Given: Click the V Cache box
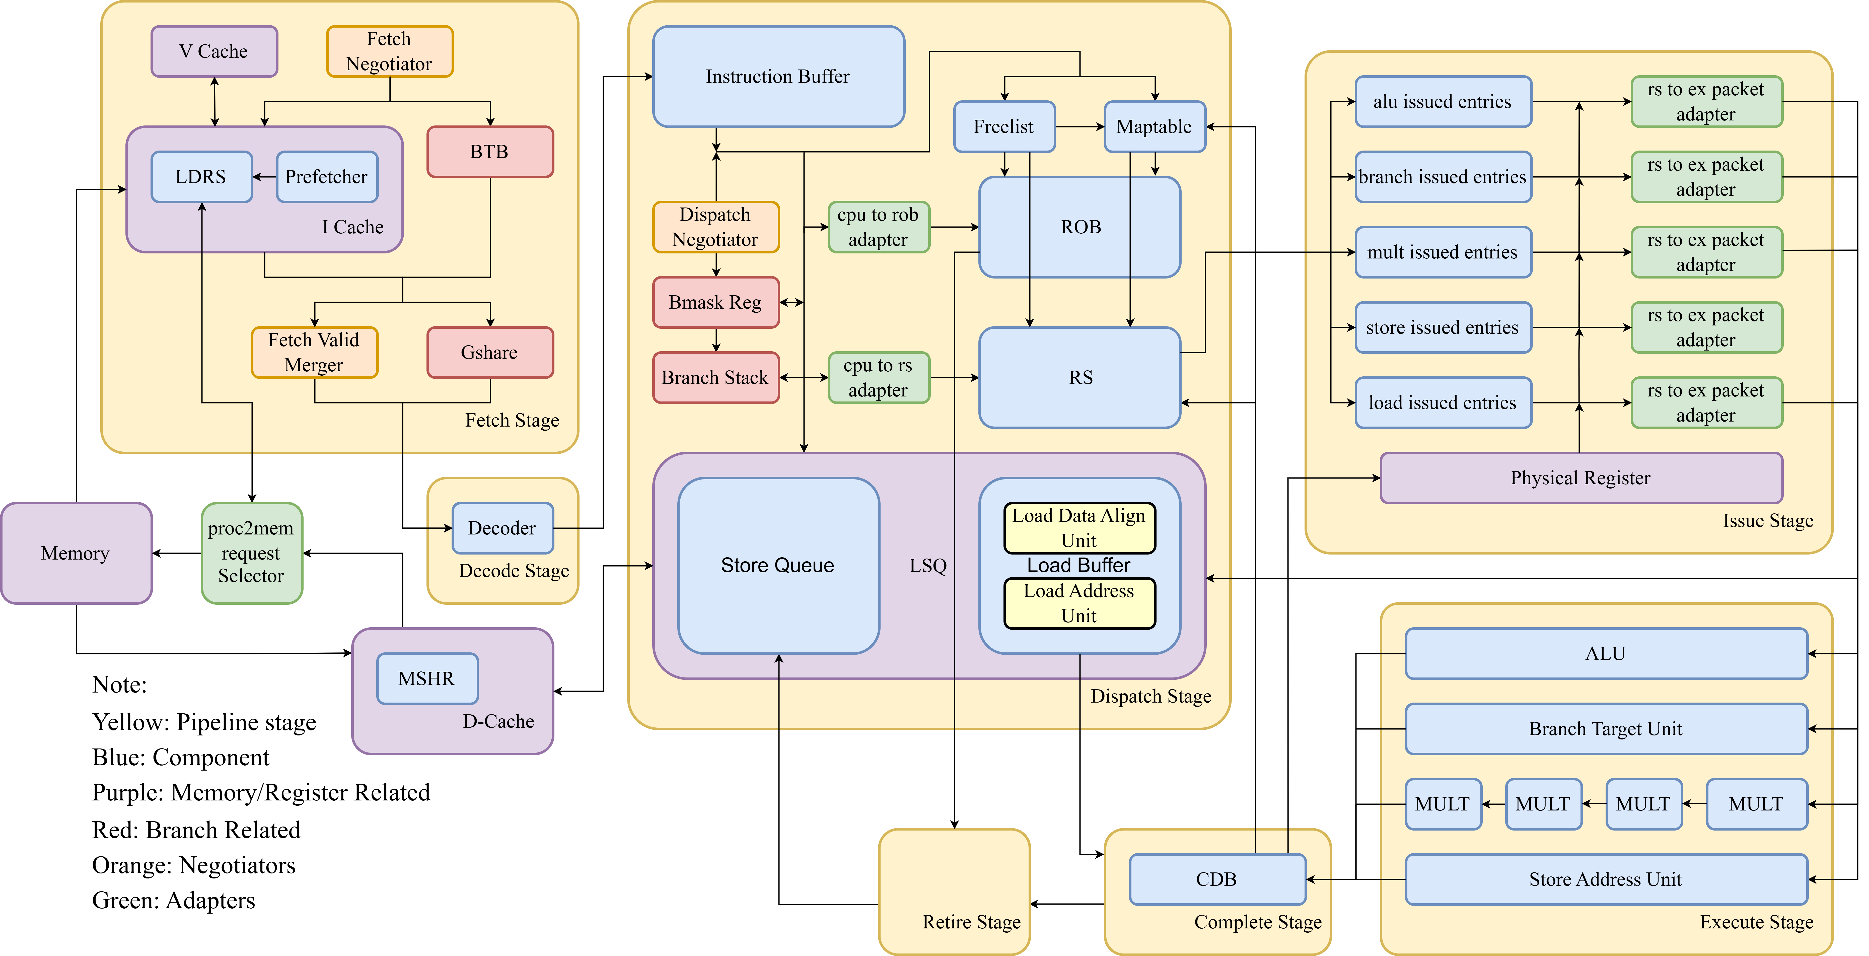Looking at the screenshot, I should pos(214,51).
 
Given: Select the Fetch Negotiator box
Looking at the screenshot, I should pos(390,51).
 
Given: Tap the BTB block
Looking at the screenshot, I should pos(490,152).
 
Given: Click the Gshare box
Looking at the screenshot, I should pos(490,353).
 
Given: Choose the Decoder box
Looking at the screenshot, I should pos(502,528).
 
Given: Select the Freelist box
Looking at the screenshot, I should pos(1004,127).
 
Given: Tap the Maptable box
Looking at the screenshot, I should pos(1154,127).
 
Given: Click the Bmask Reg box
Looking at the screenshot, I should pos(715,302).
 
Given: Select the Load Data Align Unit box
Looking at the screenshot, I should pos(1079,528).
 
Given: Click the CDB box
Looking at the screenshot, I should pos(1217,879).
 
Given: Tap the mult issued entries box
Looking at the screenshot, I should pos(1442,253).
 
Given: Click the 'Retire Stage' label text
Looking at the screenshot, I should pos(971,922).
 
